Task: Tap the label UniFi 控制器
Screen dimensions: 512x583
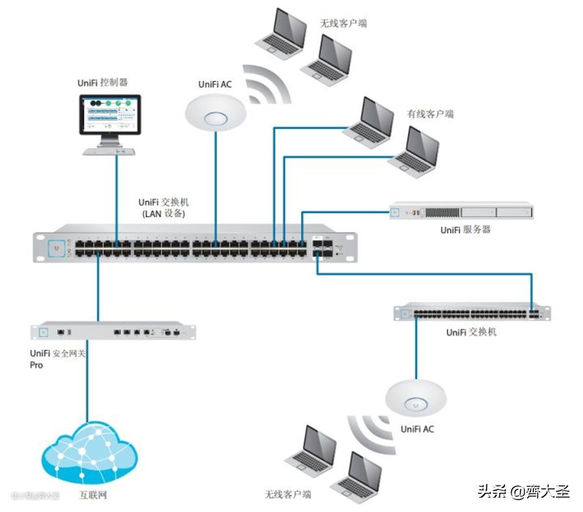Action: click(103, 83)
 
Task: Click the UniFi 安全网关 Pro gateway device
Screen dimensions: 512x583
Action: click(113, 331)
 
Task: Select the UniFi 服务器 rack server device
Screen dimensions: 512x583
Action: click(461, 211)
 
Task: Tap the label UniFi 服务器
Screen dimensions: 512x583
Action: click(465, 230)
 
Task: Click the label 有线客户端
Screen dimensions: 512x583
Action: click(430, 114)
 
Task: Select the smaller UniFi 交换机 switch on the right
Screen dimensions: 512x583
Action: click(472, 313)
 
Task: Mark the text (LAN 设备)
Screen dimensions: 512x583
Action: click(164, 214)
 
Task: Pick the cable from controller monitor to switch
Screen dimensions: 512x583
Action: click(117, 194)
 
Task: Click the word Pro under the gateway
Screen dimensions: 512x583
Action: click(37, 365)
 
